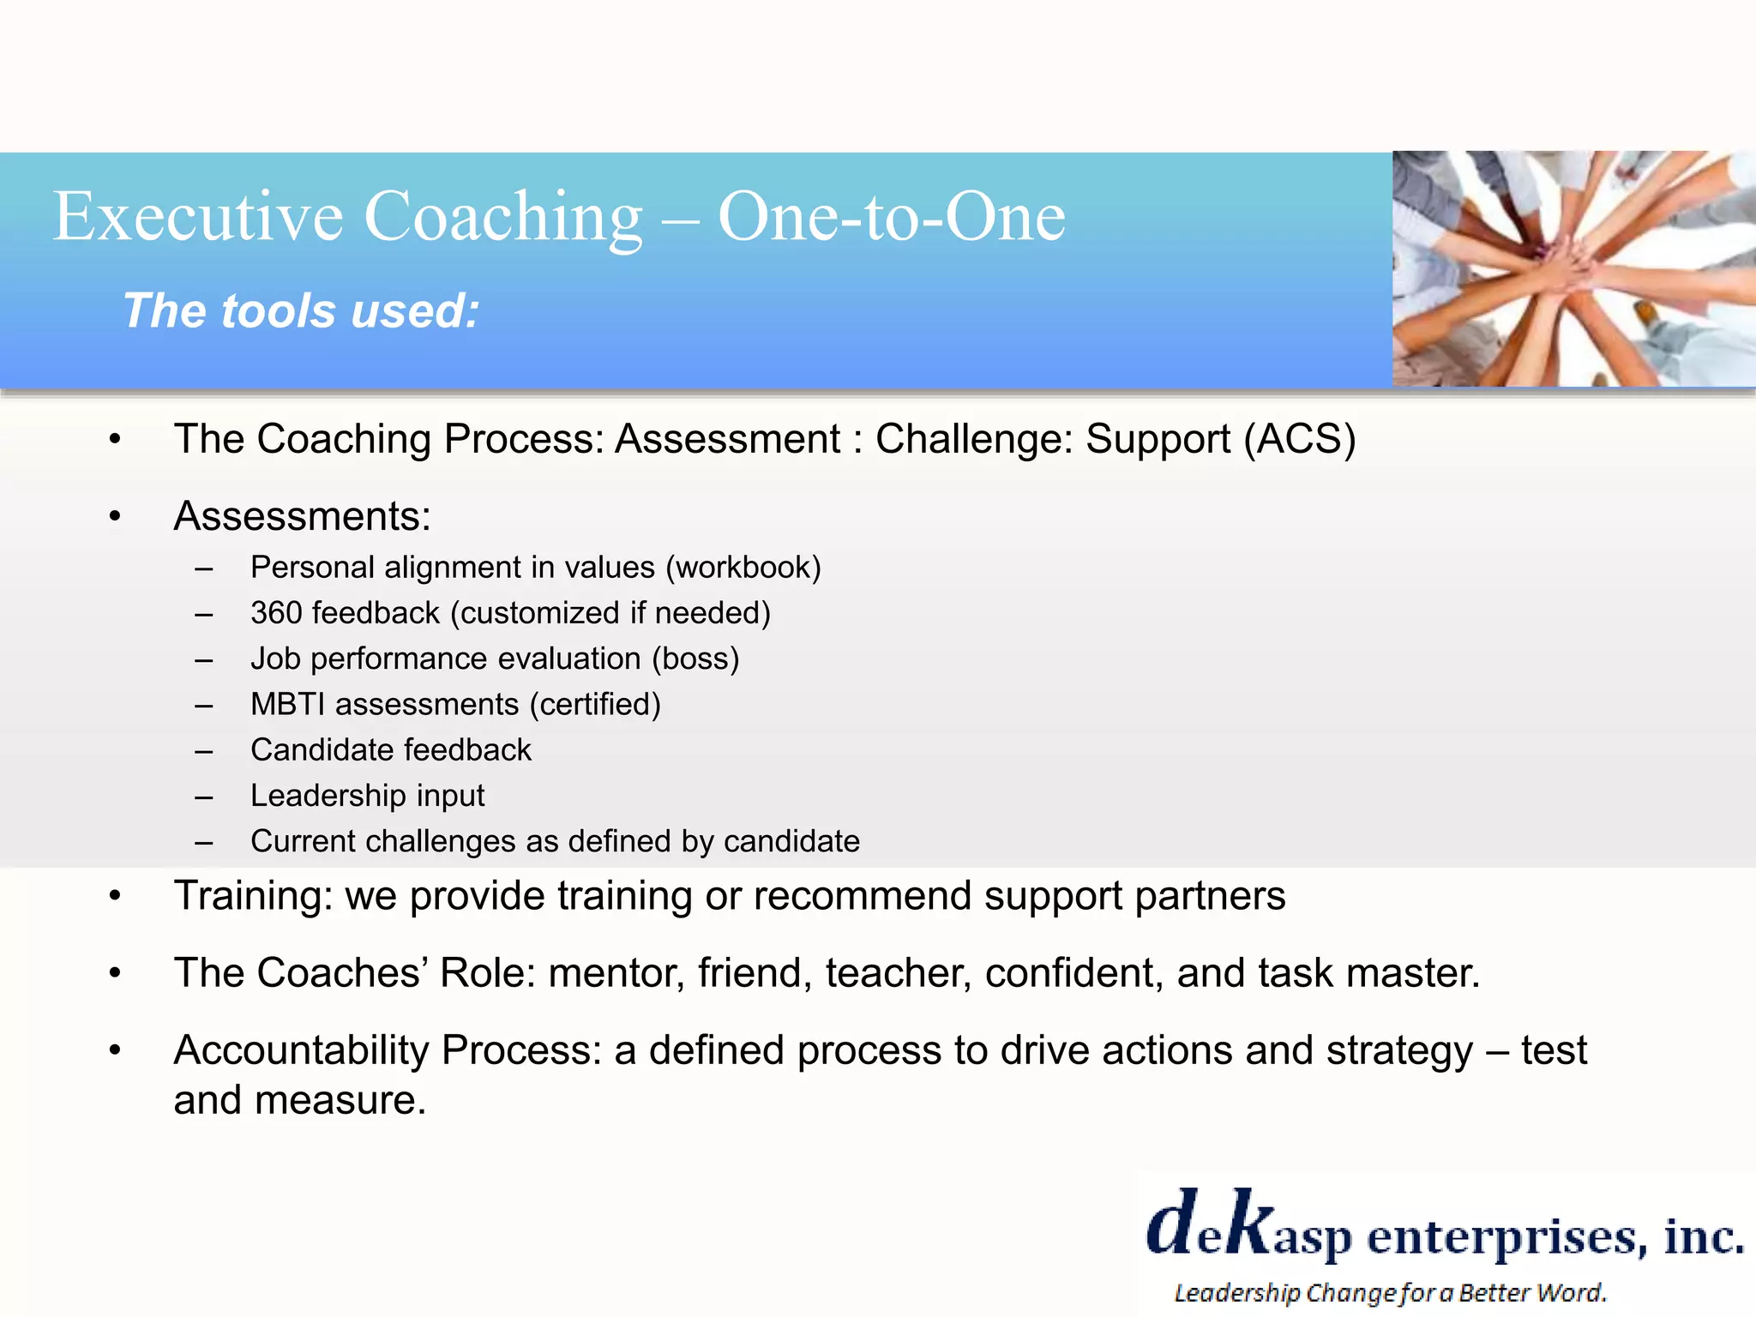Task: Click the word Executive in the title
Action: pos(197,217)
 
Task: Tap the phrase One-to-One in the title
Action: pos(891,217)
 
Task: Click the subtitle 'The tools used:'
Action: pos(301,310)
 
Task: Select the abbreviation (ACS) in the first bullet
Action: pos(1299,439)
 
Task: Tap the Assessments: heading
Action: pos(302,516)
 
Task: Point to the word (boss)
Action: pos(695,658)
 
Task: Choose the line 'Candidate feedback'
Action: pos(391,750)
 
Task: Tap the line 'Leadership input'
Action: pos(367,796)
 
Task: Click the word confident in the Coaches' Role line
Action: pos(1073,973)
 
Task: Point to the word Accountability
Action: pos(300,1050)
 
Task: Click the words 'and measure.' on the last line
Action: pos(299,1100)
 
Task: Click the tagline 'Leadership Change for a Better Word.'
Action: pos(1389,1292)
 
